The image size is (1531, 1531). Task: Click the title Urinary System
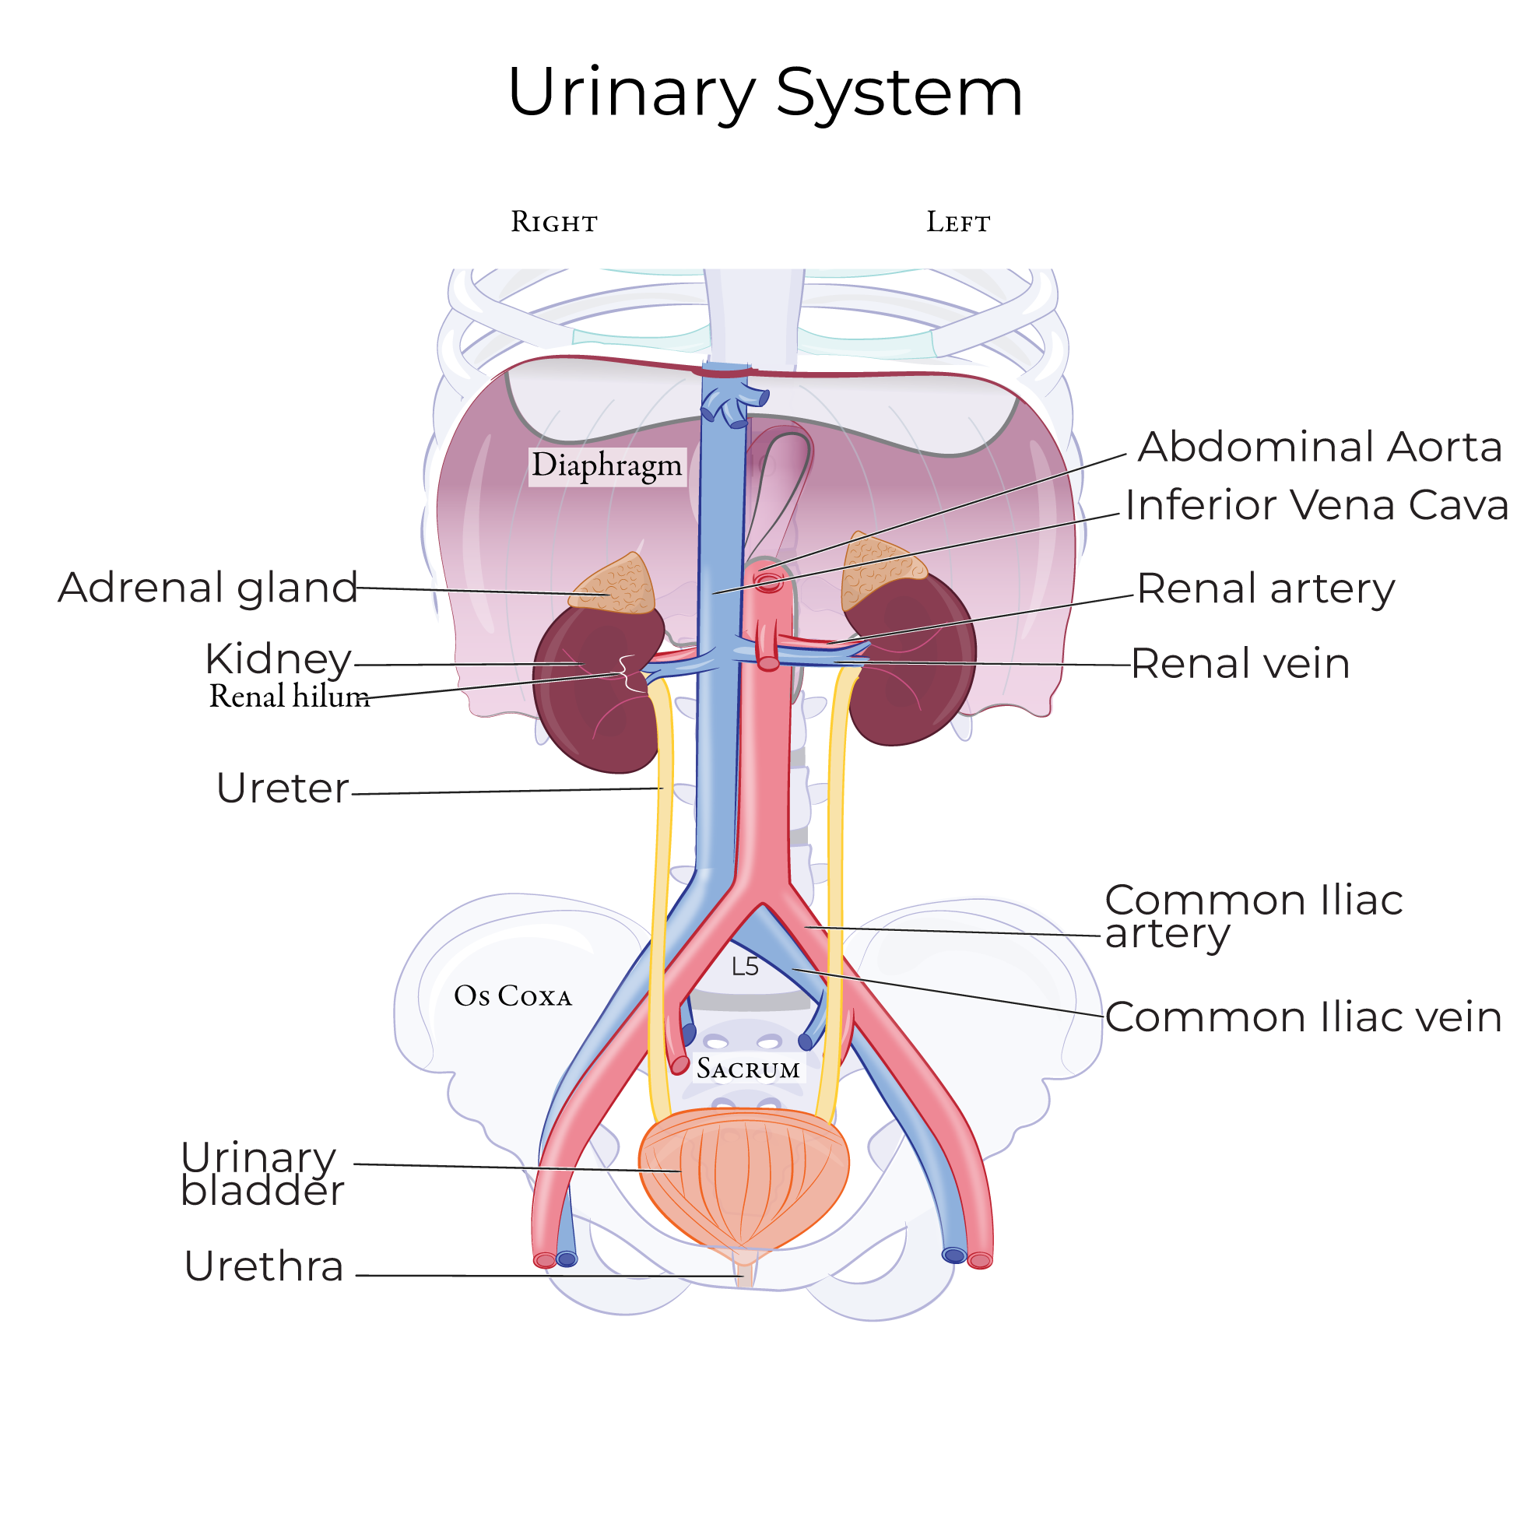pos(764,93)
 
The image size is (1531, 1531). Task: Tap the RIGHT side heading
pos(554,222)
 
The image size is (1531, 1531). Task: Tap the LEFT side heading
pos(958,222)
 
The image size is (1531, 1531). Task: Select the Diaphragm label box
pos(606,466)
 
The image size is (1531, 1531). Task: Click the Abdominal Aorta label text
pos(1319,447)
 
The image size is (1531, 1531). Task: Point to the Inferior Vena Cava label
pos(1315,506)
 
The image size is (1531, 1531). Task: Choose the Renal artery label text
pos(1266,588)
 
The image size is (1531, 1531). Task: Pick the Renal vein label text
pos(1240,664)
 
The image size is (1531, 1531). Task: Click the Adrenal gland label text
pos(208,588)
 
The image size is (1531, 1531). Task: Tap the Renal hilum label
pos(290,697)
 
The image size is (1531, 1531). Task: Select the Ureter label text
pos(282,788)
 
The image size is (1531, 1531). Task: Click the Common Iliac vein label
pos(1304,1017)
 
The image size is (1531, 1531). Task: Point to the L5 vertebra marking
pos(745,967)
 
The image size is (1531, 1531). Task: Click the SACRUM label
pos(748,1069)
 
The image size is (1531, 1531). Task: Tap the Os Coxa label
pos(513,996)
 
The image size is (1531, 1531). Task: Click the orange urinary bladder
pos(745,1181)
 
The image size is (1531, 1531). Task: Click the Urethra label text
pos(264,1266)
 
